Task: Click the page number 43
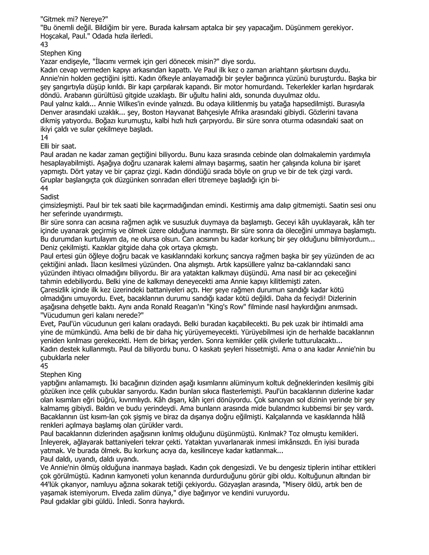tap(44, 45)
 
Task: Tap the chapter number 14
tap(44, 138)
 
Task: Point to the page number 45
tap(44, 366)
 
